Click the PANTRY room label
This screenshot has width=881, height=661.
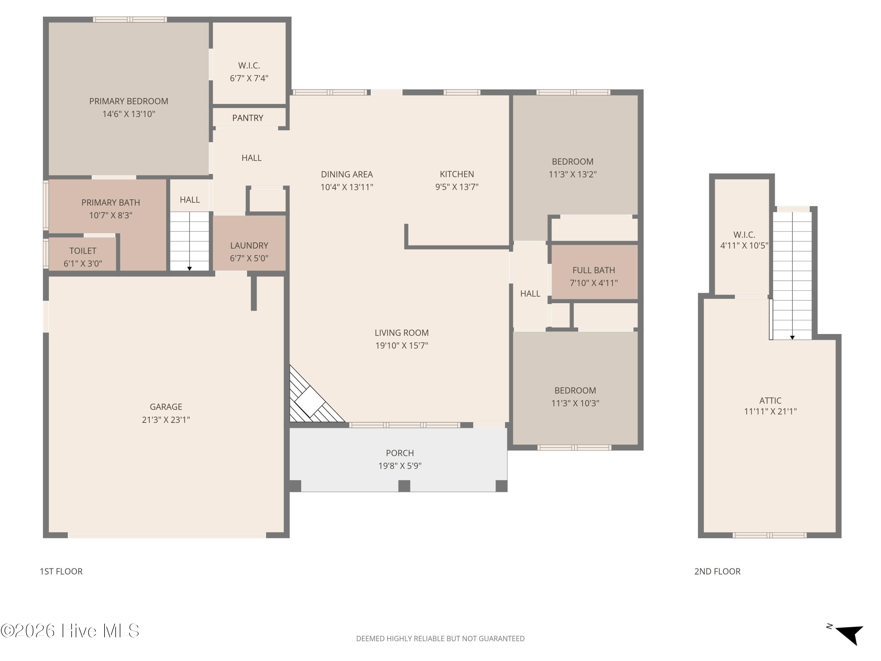point(248,118)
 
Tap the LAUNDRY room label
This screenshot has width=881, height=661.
point(249,245)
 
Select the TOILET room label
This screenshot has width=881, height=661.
point(83,251)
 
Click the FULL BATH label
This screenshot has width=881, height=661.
point(594,270)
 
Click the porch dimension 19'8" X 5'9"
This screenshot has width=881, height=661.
point(400,466)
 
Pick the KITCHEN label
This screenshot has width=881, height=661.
point(457,174)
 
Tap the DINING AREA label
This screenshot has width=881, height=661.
point(347,174)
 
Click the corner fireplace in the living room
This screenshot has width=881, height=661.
point(313,398)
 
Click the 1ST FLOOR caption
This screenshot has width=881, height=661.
point(61,571)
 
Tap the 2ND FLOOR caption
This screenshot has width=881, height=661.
point(717,571)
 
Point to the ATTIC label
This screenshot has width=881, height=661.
point(770,400)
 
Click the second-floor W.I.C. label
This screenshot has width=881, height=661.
point(744,235)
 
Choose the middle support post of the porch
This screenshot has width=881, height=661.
point(404,486)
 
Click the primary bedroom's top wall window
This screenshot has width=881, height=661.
point(130,19)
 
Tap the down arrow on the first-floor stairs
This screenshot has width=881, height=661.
point(190,269)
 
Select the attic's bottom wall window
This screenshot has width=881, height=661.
point(769,535)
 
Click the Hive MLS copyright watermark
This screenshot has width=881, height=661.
point(70,631)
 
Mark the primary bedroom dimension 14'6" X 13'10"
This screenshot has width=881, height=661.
point(129,114)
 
